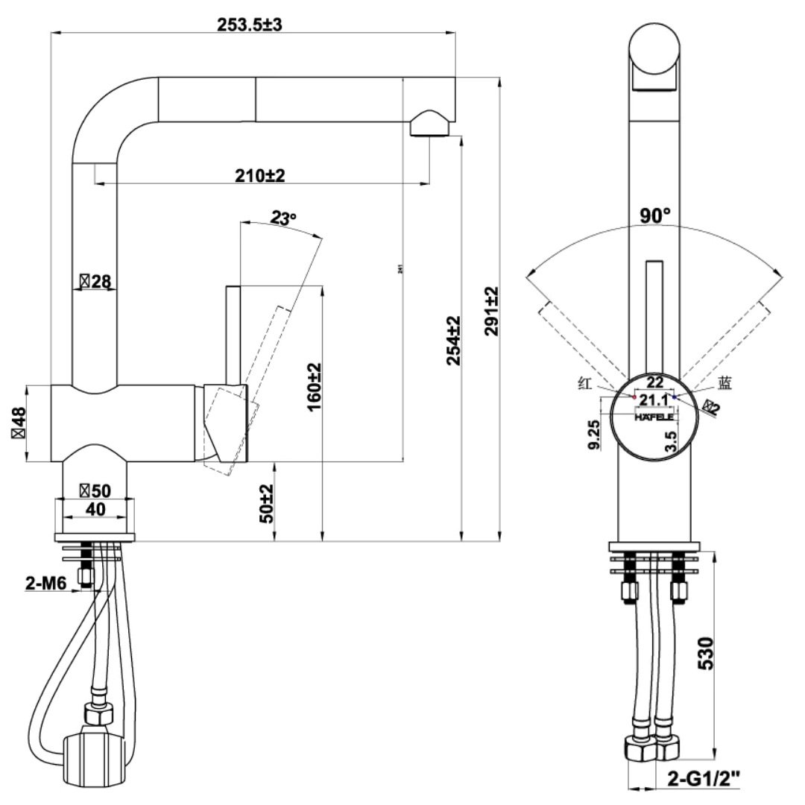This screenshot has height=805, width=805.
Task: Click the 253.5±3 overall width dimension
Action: tap(250, 24)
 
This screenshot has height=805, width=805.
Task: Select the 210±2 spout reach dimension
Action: tap(260, 176)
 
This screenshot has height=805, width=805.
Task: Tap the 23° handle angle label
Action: tap(283, 218)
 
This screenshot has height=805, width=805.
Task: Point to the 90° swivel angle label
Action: tap(655, 216)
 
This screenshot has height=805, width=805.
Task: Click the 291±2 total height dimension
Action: tap(492, 312)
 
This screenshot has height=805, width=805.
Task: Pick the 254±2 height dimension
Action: tap(453, 341)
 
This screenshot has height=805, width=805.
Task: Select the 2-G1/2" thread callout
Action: tap(704, 780)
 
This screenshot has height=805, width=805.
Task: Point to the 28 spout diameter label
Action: tap(95, 281)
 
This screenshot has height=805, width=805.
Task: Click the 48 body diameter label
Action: tap(18, 423)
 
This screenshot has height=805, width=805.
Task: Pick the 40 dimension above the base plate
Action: tap(95, 509)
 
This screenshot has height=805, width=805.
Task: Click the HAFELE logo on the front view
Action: tap(654, 417)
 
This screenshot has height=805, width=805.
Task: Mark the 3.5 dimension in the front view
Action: tap(671, 441)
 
